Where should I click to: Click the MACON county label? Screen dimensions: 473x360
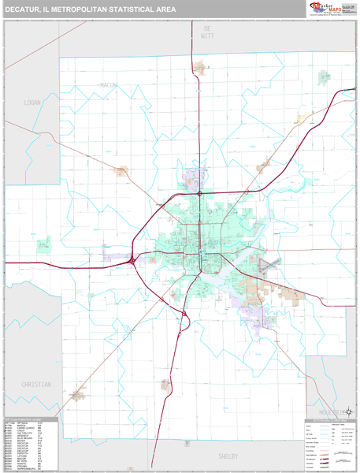tap(108, 84)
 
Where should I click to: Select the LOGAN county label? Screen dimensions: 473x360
tap(32, 102)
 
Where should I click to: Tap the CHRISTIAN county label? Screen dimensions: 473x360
tap(35, 385)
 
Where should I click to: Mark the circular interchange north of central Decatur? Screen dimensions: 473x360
tap(200, 193)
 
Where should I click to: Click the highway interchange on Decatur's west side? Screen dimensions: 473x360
tap(132, 259)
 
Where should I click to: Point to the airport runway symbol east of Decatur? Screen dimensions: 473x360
tap(269, 264)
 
